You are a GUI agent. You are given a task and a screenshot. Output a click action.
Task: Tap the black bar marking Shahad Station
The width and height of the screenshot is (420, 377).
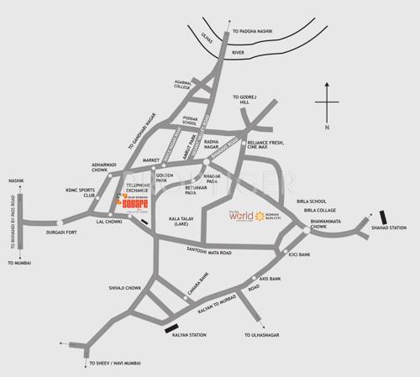(x=384, y=218)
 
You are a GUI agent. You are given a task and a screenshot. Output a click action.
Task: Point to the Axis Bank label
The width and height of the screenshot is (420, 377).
(x=270, y=278)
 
